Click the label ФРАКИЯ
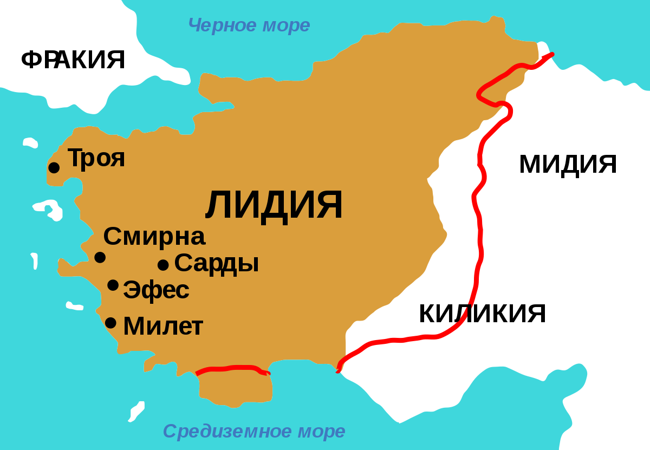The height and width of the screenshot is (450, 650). tap(73, 60)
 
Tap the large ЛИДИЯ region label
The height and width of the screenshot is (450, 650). tap(274, 206)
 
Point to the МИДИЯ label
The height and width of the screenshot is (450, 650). tap(568, 164)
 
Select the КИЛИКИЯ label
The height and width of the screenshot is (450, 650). tap(482, 314)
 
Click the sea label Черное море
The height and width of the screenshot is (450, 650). tap(249, 25)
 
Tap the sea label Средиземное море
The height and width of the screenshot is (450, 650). tap(254, 432)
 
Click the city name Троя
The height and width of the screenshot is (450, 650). tap(96, 158)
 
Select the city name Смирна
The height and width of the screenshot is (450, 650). tap(154, 237)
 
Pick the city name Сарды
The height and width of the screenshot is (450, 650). tap(217, 263)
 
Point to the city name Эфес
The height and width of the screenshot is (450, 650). tap(157, 290)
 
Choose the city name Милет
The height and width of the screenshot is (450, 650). tap(163, 327)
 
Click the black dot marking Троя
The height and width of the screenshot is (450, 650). tap(54, 168)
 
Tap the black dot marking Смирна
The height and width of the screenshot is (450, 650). tap(100, 257)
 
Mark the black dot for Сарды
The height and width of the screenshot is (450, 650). tap(163, 265)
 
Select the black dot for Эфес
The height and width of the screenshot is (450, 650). tap(113, 285)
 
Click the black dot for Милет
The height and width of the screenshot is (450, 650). tap(110, 323)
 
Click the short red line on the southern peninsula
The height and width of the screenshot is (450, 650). tap(233, 369)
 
